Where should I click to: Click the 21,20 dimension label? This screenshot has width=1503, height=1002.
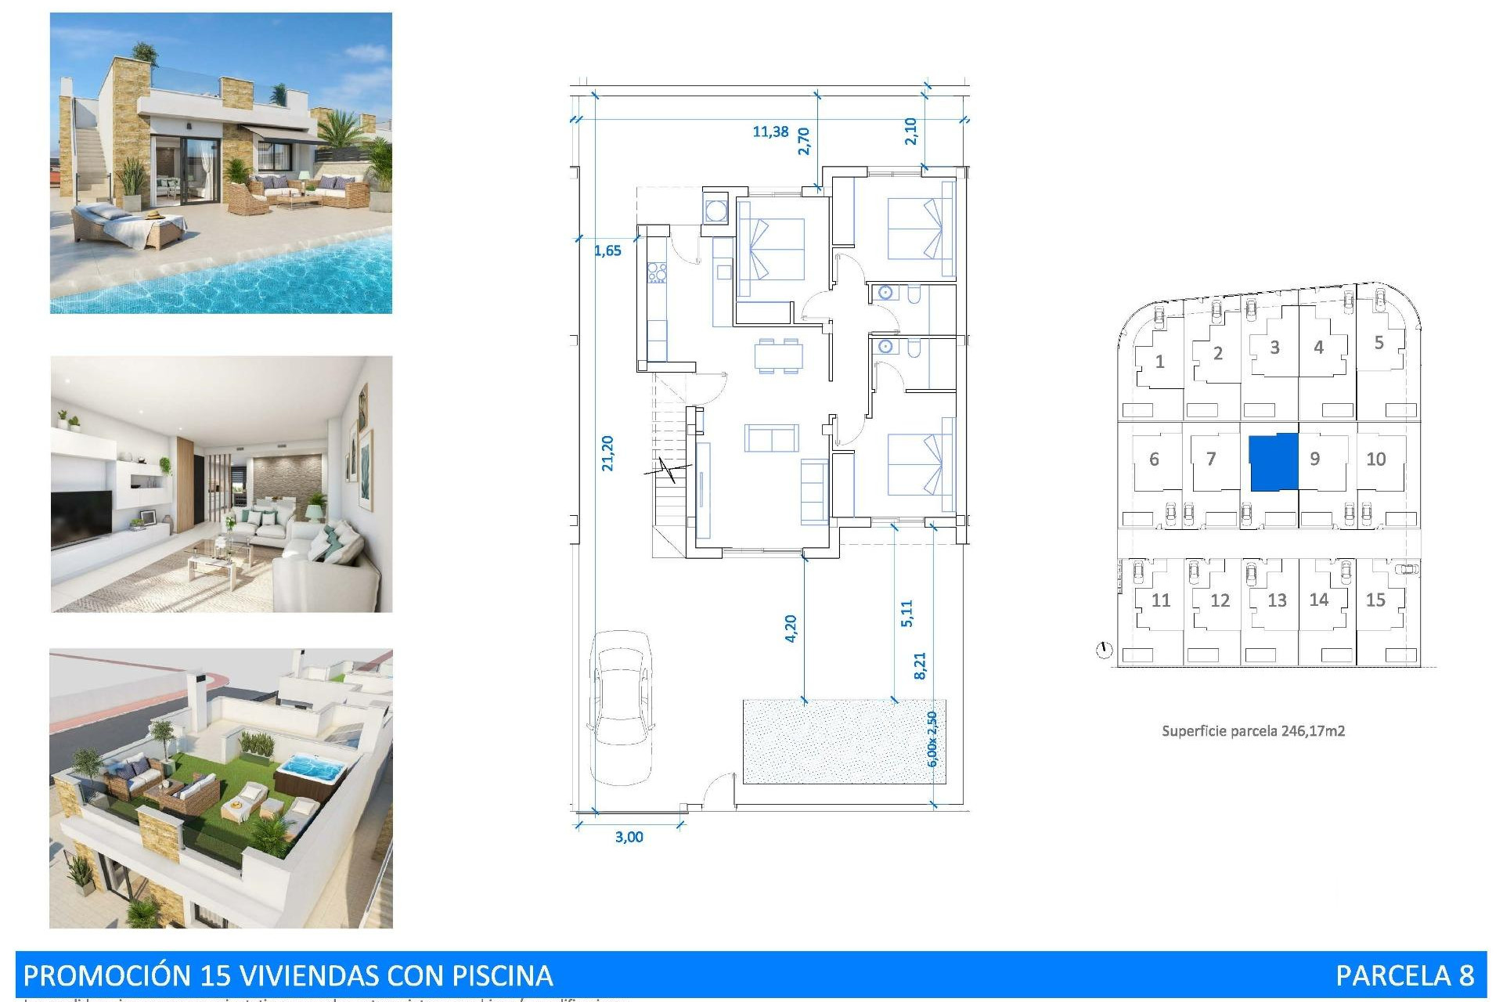(607, 453)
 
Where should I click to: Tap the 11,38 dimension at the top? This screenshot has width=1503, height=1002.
(770, 132)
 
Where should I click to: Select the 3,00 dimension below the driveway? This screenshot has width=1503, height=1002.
(629, 837)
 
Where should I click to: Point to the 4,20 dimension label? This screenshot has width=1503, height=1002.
(790, 629)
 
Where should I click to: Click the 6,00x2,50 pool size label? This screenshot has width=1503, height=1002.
(932, 739)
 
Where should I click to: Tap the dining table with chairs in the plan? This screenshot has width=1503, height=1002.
(778, 355)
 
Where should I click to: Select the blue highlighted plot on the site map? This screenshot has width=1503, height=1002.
(1273, 463)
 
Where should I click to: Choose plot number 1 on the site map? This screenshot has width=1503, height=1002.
(1159, 362)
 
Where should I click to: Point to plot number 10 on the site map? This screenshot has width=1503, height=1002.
(1375, 460)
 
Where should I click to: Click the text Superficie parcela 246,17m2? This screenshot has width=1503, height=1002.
(1252, 731)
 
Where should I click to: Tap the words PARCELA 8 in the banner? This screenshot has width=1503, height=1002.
(1404, 975)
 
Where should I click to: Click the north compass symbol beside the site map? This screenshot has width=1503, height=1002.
(1104, 650)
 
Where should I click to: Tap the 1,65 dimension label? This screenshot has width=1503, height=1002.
(607, 250)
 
